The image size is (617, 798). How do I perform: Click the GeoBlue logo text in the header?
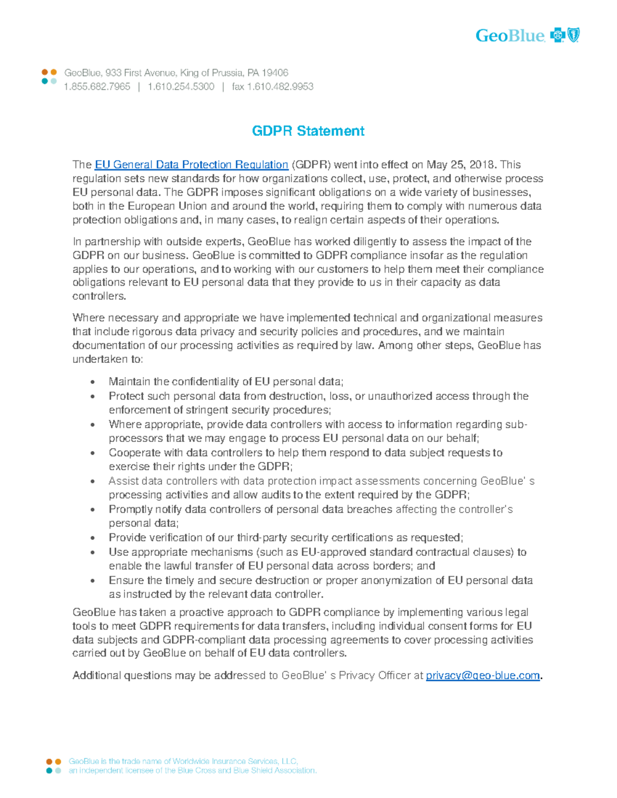pyautogui.click(x=509, y=35)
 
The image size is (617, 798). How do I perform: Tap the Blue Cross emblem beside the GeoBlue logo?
pyautogui.click(x=557, y=35)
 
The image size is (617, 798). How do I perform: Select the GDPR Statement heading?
pyautogui.click(x=308, y=131)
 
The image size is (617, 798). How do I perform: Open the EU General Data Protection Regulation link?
pyautogui.click(x=191, y=165)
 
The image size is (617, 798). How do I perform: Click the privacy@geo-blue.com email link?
pyautogui.click(x=483, y=676)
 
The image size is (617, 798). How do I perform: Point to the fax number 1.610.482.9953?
pyautogui.click(x=280, y=87)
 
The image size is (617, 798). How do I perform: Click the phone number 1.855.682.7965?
pyautogui.click(x=97, y=87)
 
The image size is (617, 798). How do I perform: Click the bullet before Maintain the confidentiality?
pyautogui.click(x=93, y=382)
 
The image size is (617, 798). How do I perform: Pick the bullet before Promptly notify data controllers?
pyautogui.click(x=93, y=510)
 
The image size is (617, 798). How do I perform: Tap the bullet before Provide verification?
pyautogui.click(x=93, y=539)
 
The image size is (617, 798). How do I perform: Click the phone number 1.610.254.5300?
pyautogui.click(x=180, y=87)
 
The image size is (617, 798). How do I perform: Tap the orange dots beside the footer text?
pyautogui.click(x=54, y=762)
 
